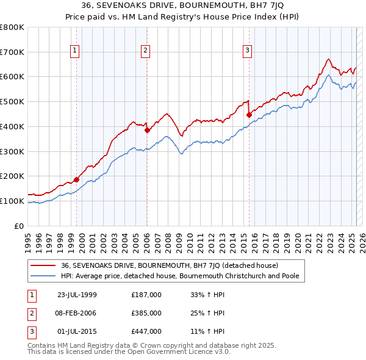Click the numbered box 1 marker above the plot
pos(74,51)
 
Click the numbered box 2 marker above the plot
pos(146,51)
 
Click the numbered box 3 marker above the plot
pos(248,51)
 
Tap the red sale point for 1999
pos(77,179)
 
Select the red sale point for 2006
pos(147,130)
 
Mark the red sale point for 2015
pos(249,115)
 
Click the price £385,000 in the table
pos(146,314)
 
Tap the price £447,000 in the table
pos(146,332)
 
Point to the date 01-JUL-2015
pos(77,332)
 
